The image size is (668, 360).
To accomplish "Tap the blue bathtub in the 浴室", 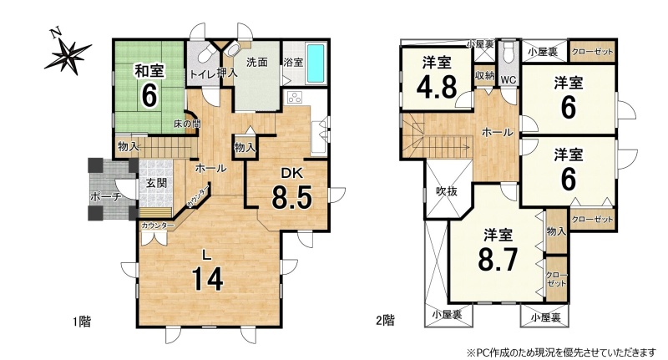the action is (x=316, y=63).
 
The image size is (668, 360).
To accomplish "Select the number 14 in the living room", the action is (x=206, y=279).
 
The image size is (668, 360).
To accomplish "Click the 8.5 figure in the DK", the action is (x=292, y=198).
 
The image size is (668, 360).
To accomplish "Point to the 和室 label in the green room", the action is (x=149, y=71).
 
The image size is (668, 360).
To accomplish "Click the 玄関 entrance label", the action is (x=156, y=183).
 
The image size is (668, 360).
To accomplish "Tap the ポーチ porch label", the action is (x=106, y=197).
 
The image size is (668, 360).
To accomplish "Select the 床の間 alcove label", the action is (x=187, y=124).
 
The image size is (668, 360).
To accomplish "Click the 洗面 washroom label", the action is (x=257, y=62).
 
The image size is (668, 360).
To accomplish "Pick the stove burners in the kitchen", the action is (x=295, y=99).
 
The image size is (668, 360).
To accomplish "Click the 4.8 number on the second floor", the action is (x=437, y=88).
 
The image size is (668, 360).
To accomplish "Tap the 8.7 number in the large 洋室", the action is (x=498, y=260).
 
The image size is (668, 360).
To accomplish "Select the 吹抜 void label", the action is (x=447, y=191).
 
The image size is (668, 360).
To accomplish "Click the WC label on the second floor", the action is (x=509, y=79).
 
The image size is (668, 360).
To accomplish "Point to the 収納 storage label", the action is (x=485, y=75).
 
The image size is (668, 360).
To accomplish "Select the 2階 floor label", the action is (x=385, y=320).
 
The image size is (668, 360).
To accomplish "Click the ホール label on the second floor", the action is (x=497, y=133).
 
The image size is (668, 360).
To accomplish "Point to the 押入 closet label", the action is (x=227, y=74).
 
